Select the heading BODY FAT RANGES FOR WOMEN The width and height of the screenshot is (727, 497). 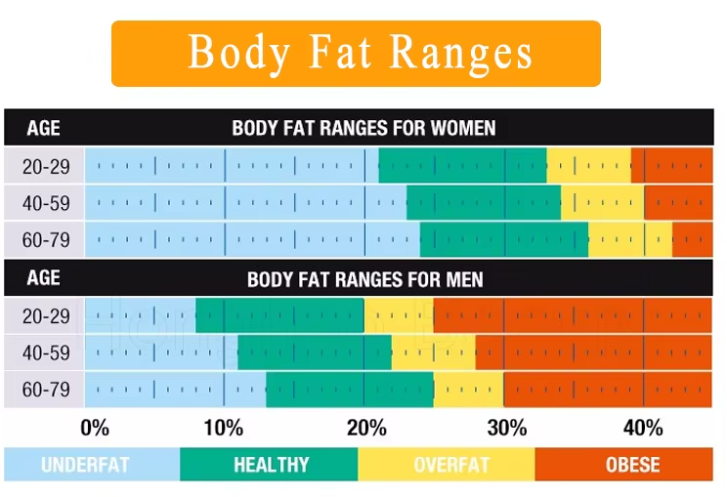[x=363, y=128]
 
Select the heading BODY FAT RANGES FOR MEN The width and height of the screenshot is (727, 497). [x=364, y=279]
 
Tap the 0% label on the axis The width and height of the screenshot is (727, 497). [x=95, y=428]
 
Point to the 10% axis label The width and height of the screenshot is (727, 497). [x=224, y=428]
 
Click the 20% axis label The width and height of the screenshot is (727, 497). [x=365, y=428]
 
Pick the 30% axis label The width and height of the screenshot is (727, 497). [x=506, y=428]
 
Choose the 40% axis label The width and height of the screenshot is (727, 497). [x=643, y=428]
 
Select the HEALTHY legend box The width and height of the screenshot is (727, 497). [x=270, y=465]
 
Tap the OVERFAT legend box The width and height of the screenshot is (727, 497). [x=447, y=465]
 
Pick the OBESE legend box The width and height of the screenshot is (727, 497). [x=624, y=465]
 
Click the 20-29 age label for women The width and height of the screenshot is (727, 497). [x=46, y=166]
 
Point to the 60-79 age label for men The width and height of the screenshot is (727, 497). [x=46, y=390]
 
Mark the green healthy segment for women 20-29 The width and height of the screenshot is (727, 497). [x=462, y=166]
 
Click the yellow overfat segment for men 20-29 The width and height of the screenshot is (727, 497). [x=399, y=315]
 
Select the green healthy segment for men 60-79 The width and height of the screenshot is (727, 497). [x=350, y=390]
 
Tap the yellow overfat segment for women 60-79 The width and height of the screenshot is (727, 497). [x=630, y=240]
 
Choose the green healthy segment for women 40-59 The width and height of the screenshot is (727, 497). [x=484, y=203]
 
